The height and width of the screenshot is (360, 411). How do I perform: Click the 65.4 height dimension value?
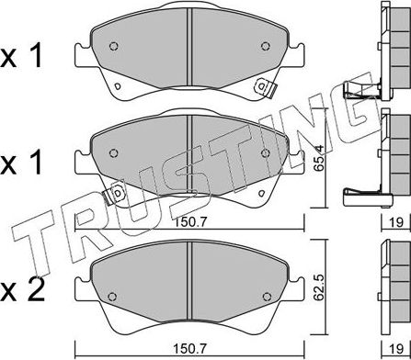pos(319,159)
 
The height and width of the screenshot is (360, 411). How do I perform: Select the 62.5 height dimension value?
pos(320,287)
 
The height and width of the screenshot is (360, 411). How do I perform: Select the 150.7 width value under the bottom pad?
pos(190,348)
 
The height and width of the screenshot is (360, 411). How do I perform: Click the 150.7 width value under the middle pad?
pos(190,222)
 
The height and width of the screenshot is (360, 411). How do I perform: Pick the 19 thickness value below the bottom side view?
pos(396,348)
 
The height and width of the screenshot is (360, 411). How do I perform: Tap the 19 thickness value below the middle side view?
pos(396,222)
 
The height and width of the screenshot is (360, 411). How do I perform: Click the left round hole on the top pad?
pos(114,46)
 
